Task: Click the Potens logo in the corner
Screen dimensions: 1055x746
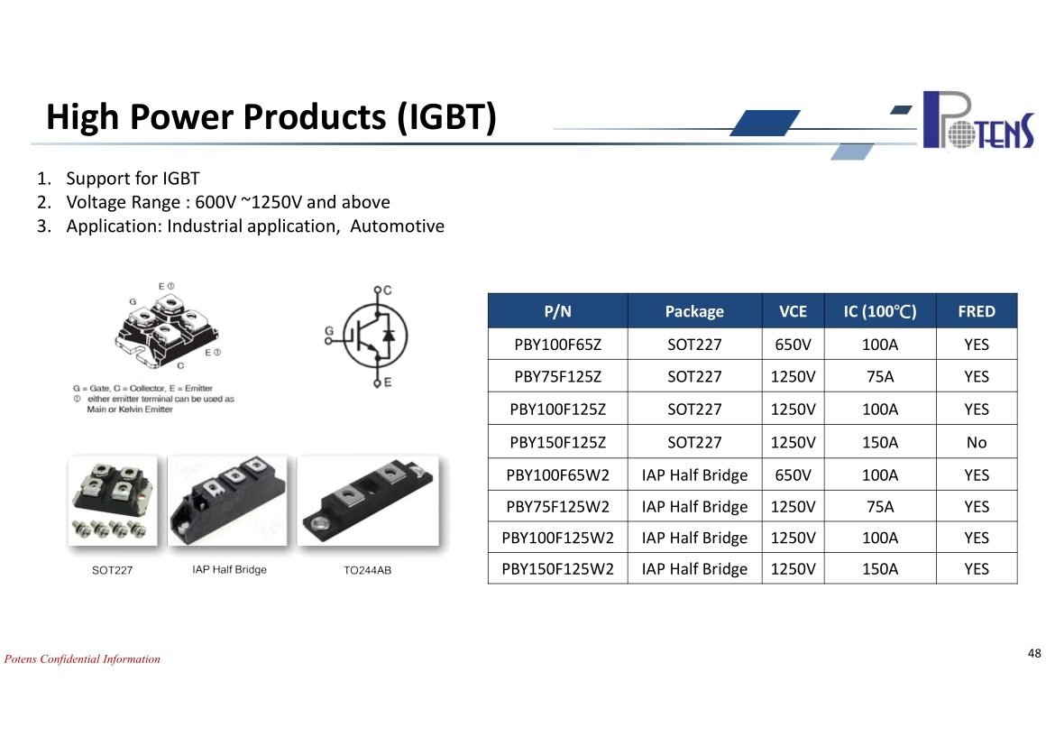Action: (x=978, y=120)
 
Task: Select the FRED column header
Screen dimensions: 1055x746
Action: (x=977, y=311)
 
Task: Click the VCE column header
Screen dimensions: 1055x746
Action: (x=793, y=311)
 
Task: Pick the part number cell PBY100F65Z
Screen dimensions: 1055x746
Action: (x=558, y=344)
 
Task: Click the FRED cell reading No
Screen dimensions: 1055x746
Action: (x=977, y=442)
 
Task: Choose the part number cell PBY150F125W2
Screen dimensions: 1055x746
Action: (x=558, y=569)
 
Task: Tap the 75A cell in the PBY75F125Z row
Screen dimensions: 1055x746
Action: (x=880, y=376)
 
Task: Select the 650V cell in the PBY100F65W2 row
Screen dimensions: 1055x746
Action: (x=793, y=474)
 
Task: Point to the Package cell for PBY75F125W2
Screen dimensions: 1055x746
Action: (x=694, y=506)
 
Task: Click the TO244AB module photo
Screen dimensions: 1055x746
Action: (x=368, y=501)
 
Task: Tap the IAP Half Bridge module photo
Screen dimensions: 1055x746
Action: (x=228, y=501)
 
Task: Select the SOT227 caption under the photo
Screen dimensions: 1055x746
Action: (x=113, y=570)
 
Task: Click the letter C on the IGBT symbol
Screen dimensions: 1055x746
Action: (x=388, y=290)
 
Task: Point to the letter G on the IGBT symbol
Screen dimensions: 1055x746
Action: (x=329, y=330)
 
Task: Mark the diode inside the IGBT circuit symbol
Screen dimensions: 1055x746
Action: (x=389, y=336)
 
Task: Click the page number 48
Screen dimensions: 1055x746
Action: (x=1034, y=653)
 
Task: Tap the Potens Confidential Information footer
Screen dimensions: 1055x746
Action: (x=82, y=659)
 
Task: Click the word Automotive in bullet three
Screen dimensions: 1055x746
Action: (x=397, y=226)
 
